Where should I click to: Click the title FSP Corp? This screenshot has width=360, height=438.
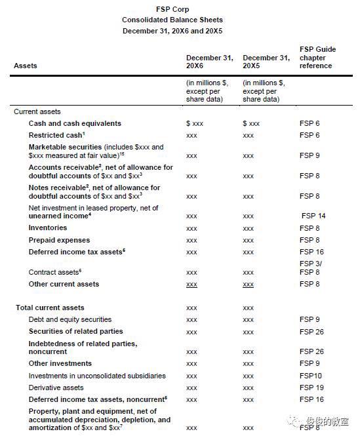point(180,9)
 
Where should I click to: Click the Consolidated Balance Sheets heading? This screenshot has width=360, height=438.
point(180,20)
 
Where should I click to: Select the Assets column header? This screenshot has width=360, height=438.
point(26,66)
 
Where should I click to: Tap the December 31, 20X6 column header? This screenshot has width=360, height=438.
point(209,62)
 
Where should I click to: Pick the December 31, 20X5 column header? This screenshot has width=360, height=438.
point(266,62)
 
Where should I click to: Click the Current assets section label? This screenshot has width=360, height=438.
point(37,111)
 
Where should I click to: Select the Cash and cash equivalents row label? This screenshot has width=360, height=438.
point(75,123)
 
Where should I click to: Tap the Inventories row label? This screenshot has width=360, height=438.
point(47,228)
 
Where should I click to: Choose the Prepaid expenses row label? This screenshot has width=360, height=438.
point(59,240)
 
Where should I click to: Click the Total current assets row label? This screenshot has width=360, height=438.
point(50,308)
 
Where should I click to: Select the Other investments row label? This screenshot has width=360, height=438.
point(60,363)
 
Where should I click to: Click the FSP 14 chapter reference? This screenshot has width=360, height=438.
point(313,216)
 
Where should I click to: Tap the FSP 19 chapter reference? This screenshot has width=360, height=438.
point(311,388)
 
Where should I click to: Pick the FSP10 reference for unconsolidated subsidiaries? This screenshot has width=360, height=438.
point(310,376)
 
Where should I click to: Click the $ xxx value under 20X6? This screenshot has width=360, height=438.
point(195,123)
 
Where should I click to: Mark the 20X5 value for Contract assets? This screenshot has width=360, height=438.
point(248,272)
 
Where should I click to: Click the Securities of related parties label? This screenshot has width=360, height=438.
point(75,331)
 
